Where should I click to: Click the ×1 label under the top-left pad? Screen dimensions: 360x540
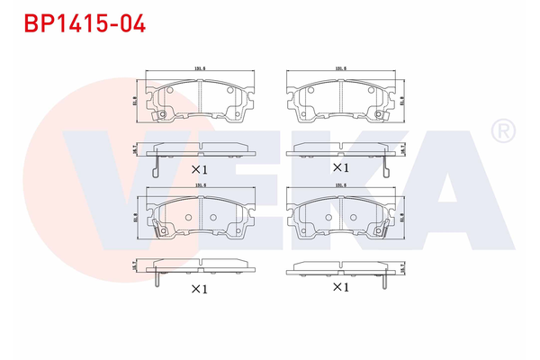(199, 169)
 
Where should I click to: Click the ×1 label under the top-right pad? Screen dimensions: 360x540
(340, 167)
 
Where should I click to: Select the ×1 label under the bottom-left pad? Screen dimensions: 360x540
(199, 289)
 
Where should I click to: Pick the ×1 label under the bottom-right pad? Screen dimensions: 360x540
(340, 287)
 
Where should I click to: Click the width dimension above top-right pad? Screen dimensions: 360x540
(340, 68)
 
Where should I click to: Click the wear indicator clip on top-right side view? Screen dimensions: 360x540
(385, 163)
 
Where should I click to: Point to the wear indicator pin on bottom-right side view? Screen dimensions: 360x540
(385, 278)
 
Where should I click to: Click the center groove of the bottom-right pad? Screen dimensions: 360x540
(340, 216)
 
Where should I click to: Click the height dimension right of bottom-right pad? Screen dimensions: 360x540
(403, 219)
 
